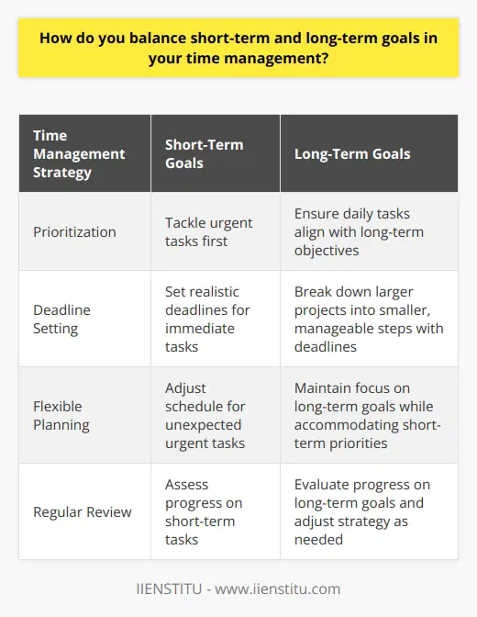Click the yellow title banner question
click(238, 57)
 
